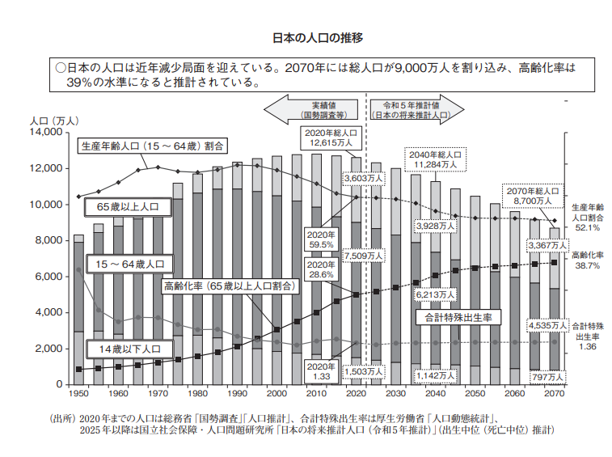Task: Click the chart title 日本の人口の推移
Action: coord(306,37)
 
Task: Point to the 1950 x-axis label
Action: coord(78,393)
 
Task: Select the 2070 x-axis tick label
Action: coord(555,393)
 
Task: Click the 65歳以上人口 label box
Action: coord(128,208)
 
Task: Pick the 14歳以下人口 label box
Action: coord(128,349)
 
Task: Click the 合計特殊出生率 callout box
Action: coord(458,318)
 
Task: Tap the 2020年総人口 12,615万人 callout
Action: coord(330,137)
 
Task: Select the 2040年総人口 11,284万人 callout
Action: coord(435,159)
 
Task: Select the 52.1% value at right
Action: coord(588,228)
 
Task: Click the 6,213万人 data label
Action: coord(435,296)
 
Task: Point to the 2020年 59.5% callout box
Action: coord(318,238)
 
